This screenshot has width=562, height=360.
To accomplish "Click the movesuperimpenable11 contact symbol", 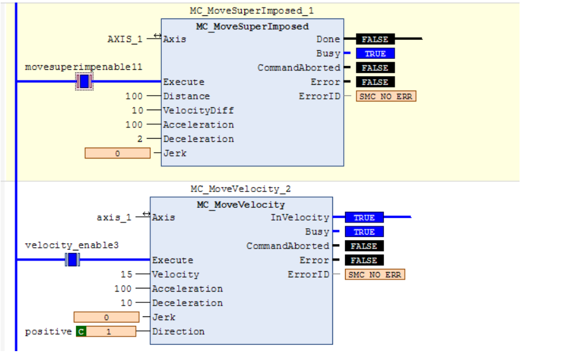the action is click(x=84, y=81).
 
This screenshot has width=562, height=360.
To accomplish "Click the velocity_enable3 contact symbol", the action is click(x=72, y=260).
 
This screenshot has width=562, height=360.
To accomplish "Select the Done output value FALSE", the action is click(x=375, y=39).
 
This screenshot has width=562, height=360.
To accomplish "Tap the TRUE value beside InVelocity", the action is click(x=364, y=217).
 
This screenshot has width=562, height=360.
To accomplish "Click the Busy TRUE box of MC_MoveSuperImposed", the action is click(x=375, y=53).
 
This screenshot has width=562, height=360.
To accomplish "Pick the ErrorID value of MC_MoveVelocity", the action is click(x=375, y=274).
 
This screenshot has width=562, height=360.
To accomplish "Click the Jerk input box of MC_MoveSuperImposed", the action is click(x=117, y=153).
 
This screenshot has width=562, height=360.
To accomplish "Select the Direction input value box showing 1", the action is click(x=111, y=331).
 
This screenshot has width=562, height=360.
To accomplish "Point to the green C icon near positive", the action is click(x=81, y=331).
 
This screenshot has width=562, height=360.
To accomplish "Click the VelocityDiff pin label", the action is click(x=199, y=110).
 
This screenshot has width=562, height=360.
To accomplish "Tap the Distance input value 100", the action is click(x=134, y=96).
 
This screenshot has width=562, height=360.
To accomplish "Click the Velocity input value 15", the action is click(x=126, y=274).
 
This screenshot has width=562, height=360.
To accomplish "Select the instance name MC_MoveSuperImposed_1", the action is click(x=252, y=11).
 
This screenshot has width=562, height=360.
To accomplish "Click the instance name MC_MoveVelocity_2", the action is click(x=240, y=189).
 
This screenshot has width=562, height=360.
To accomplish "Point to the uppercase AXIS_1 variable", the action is click(x=125, y=39).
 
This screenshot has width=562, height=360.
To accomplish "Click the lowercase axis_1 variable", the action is click(x=114, y=217).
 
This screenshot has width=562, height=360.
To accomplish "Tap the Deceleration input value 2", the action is click(x=140, y=139).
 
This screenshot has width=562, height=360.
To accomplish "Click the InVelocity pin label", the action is click(x=300, y=217).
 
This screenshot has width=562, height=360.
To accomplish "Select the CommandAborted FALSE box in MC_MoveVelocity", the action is click(x=364, y=246).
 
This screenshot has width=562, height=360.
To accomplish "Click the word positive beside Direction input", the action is click(x=48, y=331).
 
